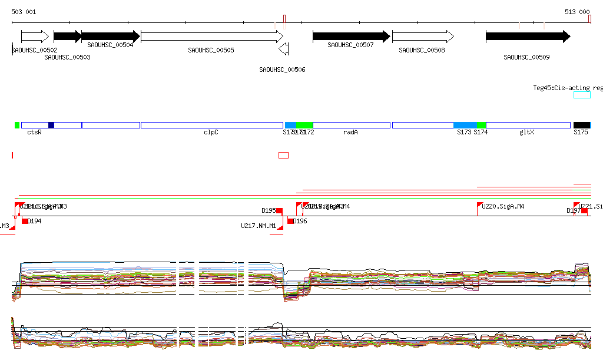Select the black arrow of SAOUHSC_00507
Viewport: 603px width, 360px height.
click(351, 37)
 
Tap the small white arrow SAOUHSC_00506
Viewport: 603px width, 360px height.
click(284, 49)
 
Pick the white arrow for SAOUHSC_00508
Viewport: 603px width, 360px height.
click(422, 37)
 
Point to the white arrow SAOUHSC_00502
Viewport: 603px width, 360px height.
click(35, 37)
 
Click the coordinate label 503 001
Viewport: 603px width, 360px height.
click(24, 12)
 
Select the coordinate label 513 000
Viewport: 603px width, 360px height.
click(577, 12)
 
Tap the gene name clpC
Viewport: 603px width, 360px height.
click(211, 133)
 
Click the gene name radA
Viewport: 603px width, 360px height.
click(350, 133)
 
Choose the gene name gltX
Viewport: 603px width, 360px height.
click(526, 133)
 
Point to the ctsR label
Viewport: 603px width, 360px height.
click(34, 133)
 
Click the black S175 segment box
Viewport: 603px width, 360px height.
click(581, 125)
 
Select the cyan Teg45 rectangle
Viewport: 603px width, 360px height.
click(582, 95)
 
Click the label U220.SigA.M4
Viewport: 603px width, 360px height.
click(503, 207)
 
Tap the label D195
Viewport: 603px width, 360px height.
click(269, 210)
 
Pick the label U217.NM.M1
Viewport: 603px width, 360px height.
click(259, 226)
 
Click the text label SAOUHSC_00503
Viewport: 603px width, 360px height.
click(67, 57)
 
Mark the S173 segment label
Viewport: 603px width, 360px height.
click(464, 133)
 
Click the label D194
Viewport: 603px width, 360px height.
click(34, 221)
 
